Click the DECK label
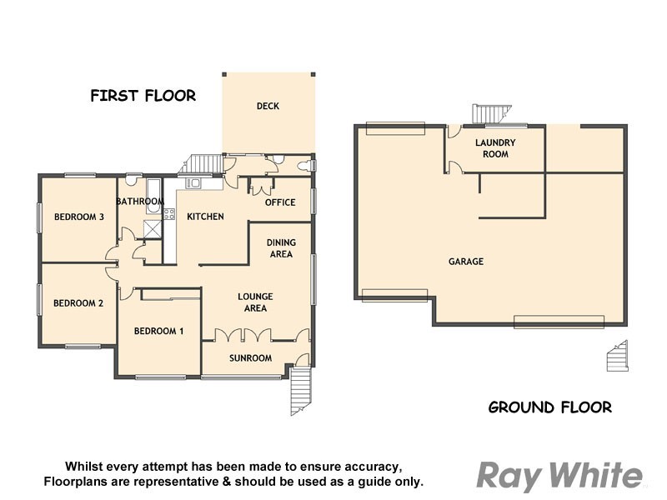(x=268, y=106)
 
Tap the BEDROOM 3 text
(x=79, y=217)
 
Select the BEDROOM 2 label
(x=78, y=303)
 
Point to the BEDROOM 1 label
(x=159, y=331)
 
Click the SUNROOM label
(x=251, y=358)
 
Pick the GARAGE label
(x=466, y=262)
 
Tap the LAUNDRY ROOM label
(x=495, y=148)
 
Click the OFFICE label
(x=280, y=202)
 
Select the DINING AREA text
(x=281, y=248)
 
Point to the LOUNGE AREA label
(x=255, y=302)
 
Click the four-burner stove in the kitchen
(x=169, y=214)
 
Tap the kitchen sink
(x=193, y=182)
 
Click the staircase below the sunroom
(x=300, y=392)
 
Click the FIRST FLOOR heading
(x=143, y=96)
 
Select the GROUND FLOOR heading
(x=549, y=407)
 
